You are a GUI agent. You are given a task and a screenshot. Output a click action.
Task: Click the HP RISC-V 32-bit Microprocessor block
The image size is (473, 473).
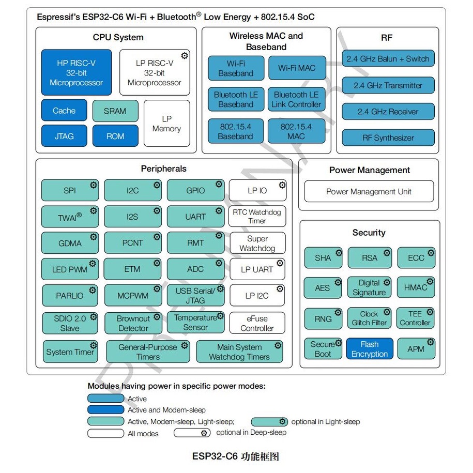click(x=76, y=72)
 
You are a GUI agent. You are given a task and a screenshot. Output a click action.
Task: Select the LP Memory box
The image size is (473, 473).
click(x=166, y=124)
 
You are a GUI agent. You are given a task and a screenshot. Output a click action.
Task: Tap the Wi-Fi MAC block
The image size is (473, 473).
click(x=297, y=68)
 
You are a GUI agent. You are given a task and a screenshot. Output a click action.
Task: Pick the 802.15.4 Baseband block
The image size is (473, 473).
click(x=235, y=131)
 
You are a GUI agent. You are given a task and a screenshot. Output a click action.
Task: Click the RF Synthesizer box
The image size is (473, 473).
click(x=388, y=138)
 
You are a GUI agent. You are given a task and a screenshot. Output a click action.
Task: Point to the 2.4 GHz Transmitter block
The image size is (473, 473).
click(x=388, y=85)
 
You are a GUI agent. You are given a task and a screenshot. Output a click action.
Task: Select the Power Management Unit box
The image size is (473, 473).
click(x=369, y=191)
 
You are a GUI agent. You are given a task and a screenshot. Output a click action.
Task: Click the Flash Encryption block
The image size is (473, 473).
click(x=370, y=349)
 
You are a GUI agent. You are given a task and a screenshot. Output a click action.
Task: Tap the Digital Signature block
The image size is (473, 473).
click(x=369, y=287)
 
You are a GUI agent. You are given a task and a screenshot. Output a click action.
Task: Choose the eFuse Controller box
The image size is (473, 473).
click(x=257, y=323)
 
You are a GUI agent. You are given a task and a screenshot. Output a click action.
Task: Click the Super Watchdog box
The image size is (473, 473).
click(x=257, y=243)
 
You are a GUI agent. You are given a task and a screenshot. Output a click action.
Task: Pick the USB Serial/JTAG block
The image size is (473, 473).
click(x=195, y=295)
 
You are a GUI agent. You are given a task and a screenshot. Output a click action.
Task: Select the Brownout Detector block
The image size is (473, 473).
click(x=133, y=323)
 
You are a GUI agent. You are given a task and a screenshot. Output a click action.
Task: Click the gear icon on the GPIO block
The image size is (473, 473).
click(x=219, y=184)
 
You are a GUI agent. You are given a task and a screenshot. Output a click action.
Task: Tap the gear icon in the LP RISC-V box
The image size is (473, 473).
click(x=185, y=55)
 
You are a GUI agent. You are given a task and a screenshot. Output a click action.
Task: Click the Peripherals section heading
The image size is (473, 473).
click(x=163, y=169)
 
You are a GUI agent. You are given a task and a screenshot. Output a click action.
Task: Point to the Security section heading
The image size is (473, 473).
click(x=369, y=233)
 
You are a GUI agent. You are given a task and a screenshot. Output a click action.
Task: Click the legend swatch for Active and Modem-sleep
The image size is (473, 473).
click(x=105, y=409)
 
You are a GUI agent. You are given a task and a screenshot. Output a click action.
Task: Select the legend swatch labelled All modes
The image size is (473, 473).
click(x=105, y=433)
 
